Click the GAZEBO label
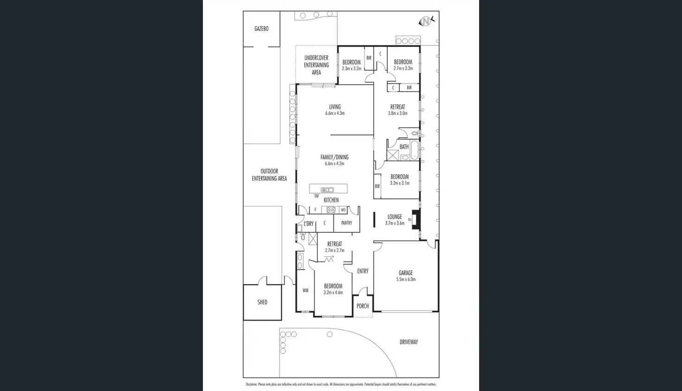click(x=261, y=29)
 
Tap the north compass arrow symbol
click(x=425, y=21)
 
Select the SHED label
click(x=262, y=302)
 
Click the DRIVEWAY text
click(x=409, y=342)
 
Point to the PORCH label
click(x=363, y=306)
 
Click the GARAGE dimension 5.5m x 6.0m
click(x=406, y=279)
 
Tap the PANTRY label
click(x=347, y=223)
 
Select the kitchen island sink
click(x=328, y=189)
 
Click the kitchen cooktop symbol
click(x=331, y=210)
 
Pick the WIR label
click(x=305, y=290)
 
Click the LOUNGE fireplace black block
click(x=416, y=220)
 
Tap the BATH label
click(x=404, y=147)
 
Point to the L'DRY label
click(x=309, y=224)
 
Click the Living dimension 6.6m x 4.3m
click(x=335, y=113)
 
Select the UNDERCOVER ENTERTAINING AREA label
click(x=316, y=65)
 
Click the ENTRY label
click(x=363, y=271)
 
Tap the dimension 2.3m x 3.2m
click(x=352, y=69)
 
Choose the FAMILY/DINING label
click(x=335, y=157)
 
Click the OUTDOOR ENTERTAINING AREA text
click(x=269, y=175)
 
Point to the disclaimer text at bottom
click(x=341, y=385)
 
